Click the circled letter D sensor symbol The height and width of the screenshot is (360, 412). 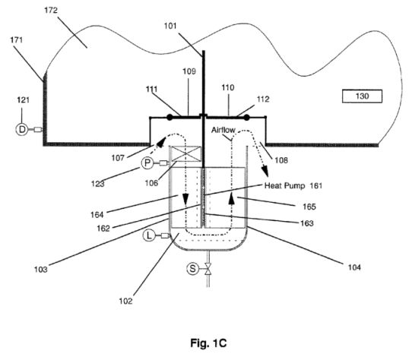coord(22,129)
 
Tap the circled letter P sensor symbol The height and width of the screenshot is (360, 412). coord(147,163)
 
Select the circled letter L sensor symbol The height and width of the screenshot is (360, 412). coord(149,235)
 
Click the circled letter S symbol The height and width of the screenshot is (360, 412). coord(192,269)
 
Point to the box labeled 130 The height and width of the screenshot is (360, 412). coord(362,96)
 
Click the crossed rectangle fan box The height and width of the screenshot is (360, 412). coord(186,154)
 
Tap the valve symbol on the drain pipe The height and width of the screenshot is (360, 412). coord(208,269)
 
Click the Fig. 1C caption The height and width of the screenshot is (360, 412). coord(208,343)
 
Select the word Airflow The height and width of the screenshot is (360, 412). coord(223,130)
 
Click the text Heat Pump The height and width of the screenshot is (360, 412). coord(284,186)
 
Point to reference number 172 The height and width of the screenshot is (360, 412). coord(51,10)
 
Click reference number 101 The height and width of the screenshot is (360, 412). coord(170,26)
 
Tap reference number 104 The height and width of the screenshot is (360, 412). coord(354,267)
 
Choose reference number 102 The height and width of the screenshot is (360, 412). coord(125,301)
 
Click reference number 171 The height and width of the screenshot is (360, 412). coord(16,40)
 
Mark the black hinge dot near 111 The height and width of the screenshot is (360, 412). coord(170,117)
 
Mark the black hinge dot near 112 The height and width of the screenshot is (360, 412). coord(246,118)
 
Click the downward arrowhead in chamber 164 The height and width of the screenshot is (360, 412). coord(185,200)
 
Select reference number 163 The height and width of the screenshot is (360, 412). coord(307,223)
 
